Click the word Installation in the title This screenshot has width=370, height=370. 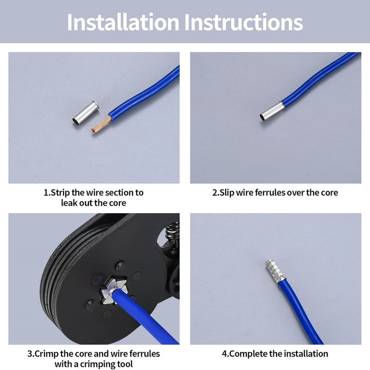pos(123,22)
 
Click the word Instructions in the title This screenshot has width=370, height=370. pos(244,22)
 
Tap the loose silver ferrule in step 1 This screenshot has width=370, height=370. pos(86,113)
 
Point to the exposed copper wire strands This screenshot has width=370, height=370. pos(101,125)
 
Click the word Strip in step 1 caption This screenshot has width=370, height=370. pos(61,193)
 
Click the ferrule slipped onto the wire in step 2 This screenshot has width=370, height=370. pos(271,111)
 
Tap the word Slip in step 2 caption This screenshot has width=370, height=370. pos(227,193)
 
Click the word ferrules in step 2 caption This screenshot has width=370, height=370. pos(270,192)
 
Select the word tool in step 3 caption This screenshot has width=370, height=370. pos(125,364)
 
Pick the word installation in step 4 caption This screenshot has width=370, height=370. pos(306,354)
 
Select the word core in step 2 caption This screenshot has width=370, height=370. pos(329,193)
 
